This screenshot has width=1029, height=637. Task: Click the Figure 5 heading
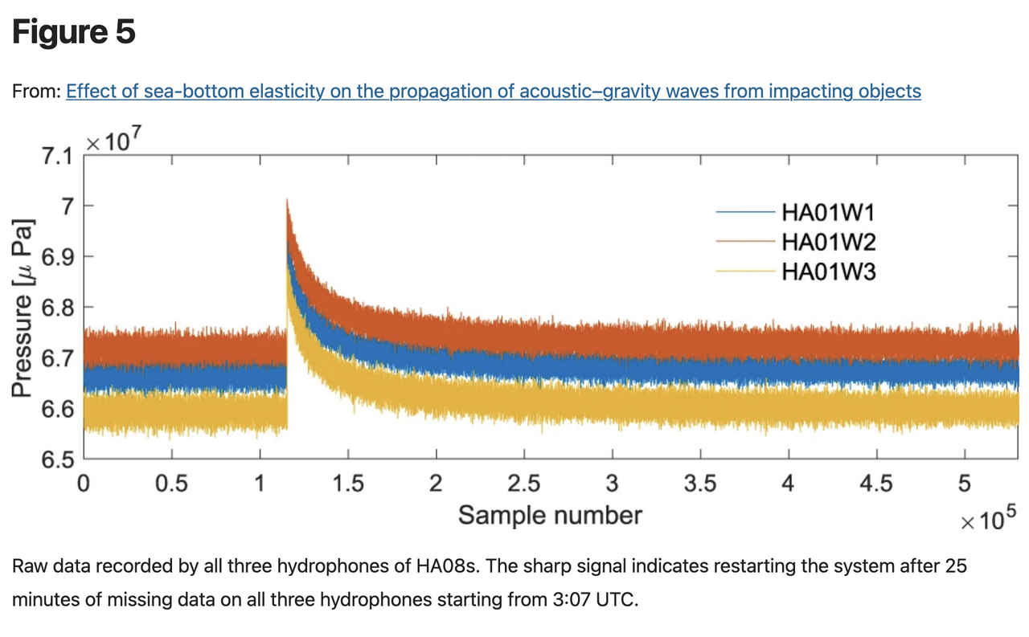(74, 33)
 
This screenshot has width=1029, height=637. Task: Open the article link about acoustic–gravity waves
(493, 91)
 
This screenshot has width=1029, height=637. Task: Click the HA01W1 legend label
(828, 213)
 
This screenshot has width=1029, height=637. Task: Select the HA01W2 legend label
(828, 243)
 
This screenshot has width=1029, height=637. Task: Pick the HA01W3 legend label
(828, 272)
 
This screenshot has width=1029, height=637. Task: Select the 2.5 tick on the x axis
(524, 484)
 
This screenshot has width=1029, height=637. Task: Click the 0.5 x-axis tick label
(171, 484)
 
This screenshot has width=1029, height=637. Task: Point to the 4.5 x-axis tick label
(876, 484)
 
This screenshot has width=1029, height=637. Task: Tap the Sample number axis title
(550, 515)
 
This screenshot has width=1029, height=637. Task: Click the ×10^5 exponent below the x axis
(988, 520)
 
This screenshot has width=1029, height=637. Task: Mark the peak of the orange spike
(287, 201)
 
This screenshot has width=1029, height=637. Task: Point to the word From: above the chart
(36, 92)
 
